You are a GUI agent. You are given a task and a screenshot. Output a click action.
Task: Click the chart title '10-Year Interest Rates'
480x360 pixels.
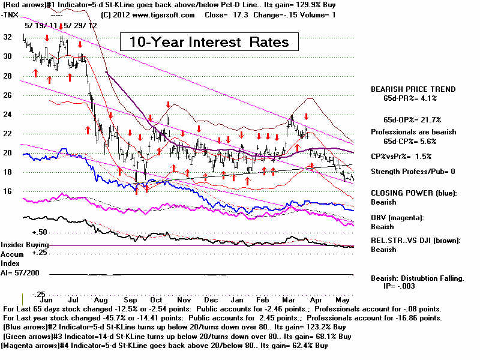pyautogui.click(x=205, y=42)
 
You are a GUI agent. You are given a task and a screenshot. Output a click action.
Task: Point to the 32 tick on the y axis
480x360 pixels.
pyautogui.click(x=7, y=37)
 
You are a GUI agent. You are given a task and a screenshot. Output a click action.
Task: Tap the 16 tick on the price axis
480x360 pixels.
pyautogui.click(x=7, y=191)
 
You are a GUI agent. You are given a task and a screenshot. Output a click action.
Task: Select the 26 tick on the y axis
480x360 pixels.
pyautogui.click(x=7, y=95)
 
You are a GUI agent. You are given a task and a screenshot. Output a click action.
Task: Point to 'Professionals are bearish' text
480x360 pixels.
pyautogui.click(x=413, y=131)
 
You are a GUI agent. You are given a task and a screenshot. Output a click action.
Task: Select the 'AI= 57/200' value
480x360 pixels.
pyautogui.click(x=21, y=272)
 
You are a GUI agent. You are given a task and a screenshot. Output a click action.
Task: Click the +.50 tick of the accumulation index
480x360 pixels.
pyautogui.click(x=23, y=232)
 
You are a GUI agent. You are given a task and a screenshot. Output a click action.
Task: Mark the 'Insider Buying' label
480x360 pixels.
pyautogui.click(x=24, y=245)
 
